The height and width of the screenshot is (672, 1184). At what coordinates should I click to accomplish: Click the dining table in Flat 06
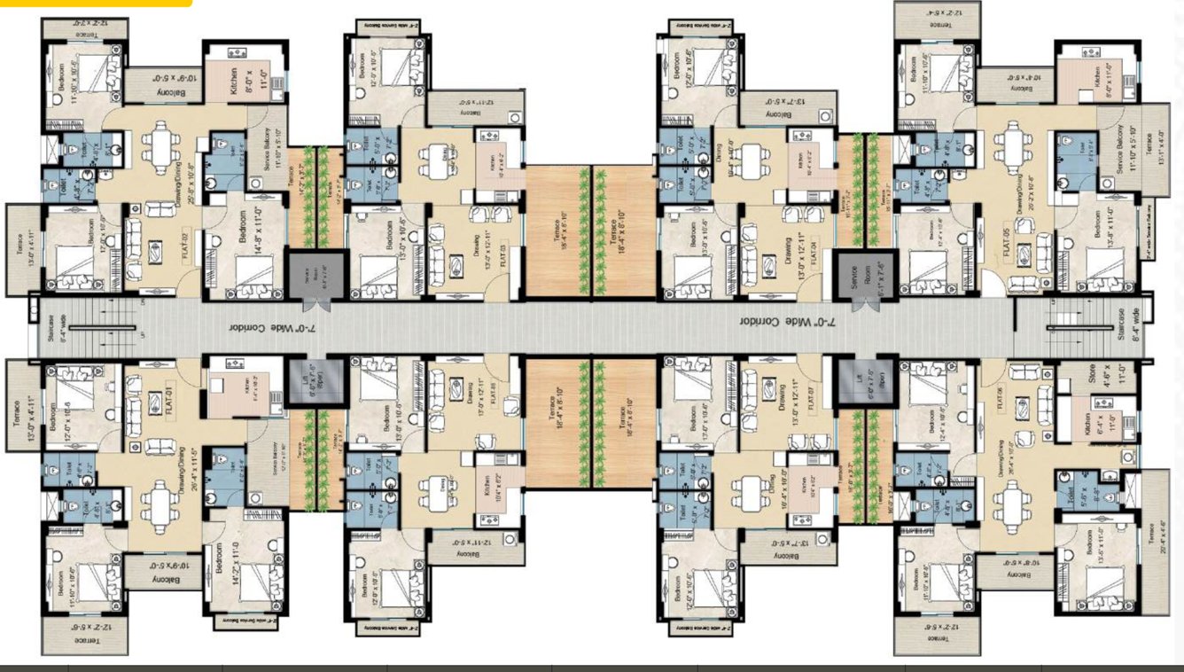(1011, 504)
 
